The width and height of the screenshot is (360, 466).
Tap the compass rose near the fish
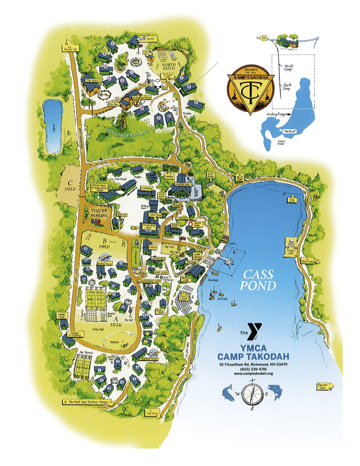(x=252, y=394)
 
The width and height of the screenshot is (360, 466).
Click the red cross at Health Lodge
(x=191, y=224)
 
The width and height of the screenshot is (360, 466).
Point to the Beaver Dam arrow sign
(x=325, y=386)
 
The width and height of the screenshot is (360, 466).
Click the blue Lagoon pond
(x=52, y=126)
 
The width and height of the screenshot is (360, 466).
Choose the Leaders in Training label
(x=73, y=334)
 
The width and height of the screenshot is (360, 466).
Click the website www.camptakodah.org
(x=253, y=373)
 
